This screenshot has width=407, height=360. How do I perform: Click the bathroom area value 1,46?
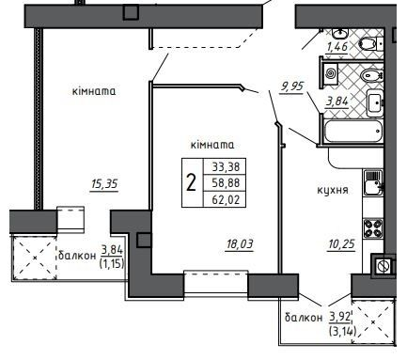(x=338, y=44)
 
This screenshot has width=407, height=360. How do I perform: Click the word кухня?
(x=333, y=190)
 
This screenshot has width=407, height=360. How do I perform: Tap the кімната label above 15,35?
(x=93, y=91)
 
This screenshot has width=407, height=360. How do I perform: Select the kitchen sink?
(x=373, y=184)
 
